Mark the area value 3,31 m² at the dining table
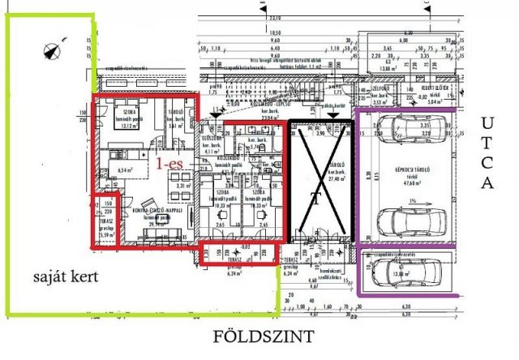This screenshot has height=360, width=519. [x=183, y=186]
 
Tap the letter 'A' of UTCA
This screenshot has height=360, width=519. [x=487, y=184]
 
